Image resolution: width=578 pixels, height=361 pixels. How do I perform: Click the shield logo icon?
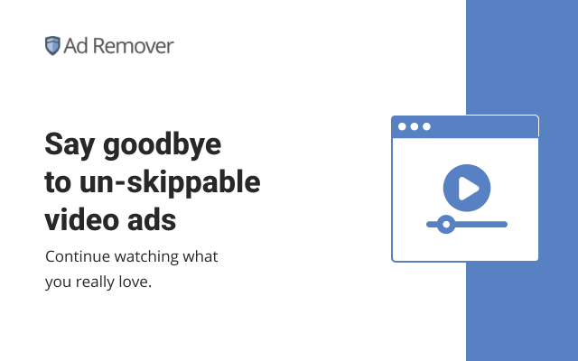tap(52, 46)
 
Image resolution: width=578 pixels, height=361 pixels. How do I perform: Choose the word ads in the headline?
tap(153, 219)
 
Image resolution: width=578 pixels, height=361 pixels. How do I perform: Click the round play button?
tap(466, 188)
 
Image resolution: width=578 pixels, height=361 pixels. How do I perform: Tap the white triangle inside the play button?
tap(468, 188)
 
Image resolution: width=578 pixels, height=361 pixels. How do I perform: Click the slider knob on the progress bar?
tap(443, 224)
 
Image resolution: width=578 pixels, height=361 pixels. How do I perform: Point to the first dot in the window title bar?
tap(403, 126)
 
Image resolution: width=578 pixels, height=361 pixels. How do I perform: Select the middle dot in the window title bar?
tap(415, 126)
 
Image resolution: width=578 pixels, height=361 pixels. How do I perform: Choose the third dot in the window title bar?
tap(426, 126)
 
